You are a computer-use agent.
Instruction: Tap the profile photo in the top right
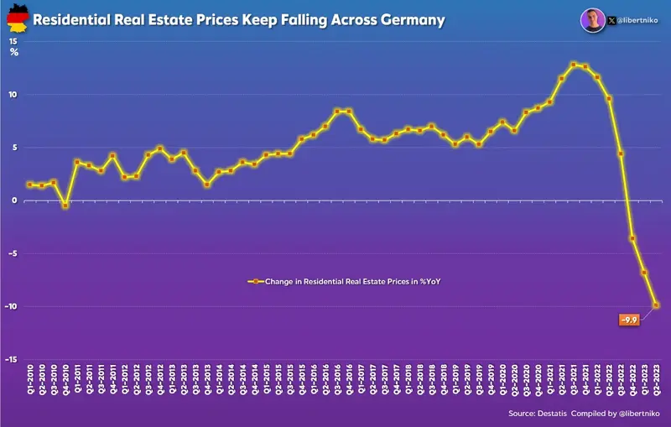coord(592,18)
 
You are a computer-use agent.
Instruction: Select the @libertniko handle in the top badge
coord(637,18)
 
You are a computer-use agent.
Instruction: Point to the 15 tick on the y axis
coord(13,40)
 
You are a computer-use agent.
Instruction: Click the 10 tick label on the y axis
coord(13,94)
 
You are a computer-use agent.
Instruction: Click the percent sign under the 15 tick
coord(14,52)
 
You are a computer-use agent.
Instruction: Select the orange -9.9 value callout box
coord(629,320)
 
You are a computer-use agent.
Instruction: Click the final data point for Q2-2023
coord(656,305)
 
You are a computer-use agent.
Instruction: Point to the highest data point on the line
coord(573,65)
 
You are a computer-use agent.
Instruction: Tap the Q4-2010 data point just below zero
coord(65,206)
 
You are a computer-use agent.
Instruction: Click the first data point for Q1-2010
coord(29,185)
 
